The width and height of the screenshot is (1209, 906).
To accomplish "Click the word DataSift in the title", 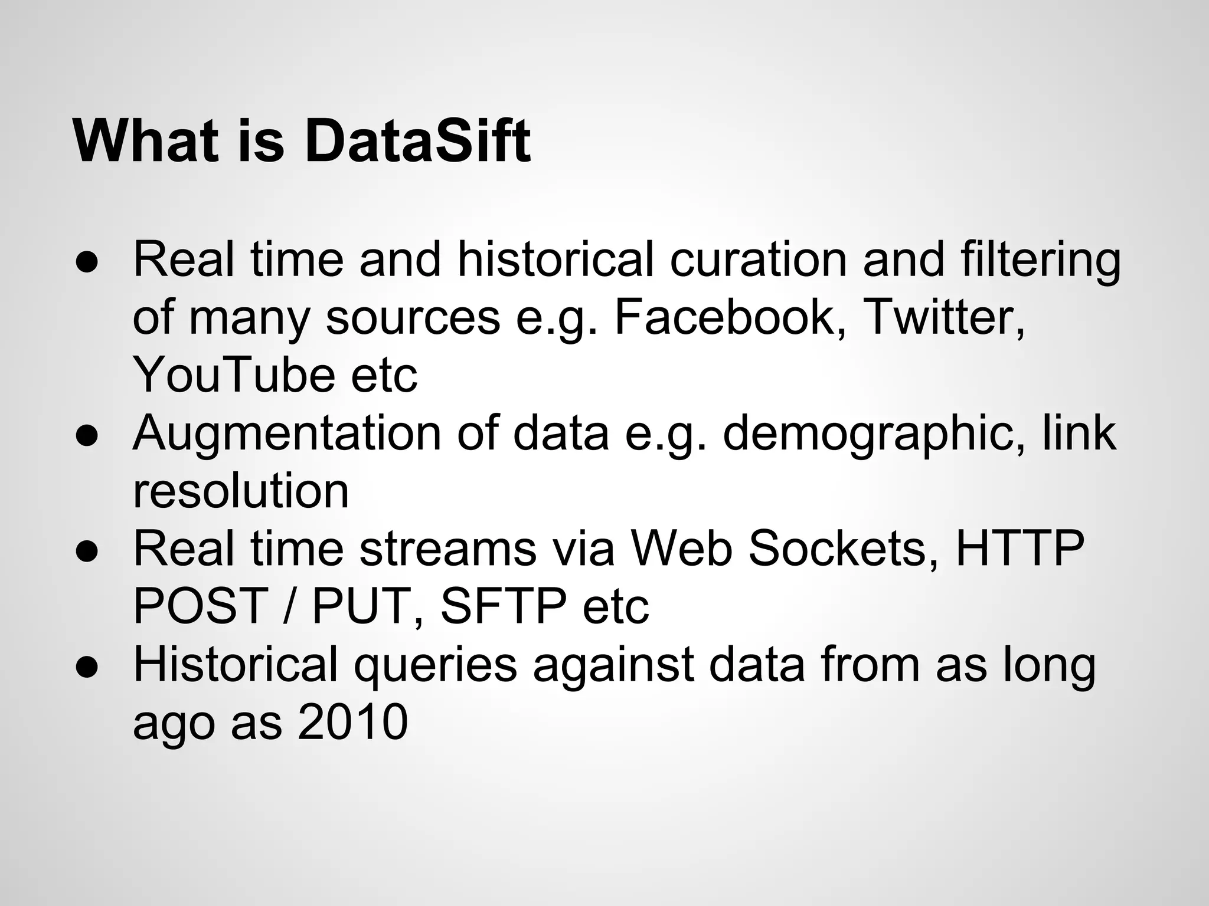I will [417, 142].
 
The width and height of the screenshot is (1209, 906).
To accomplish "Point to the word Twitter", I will [943, 318].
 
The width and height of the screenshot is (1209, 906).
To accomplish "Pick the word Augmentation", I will [287, 434].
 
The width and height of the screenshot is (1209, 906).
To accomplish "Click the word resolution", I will [241, 491].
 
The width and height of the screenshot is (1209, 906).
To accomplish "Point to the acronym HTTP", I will [1020, 549].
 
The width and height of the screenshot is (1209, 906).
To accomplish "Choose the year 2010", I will [352, 722].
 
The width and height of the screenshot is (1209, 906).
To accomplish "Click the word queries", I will [435, 665].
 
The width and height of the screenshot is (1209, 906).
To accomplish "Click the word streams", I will [447, 549].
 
